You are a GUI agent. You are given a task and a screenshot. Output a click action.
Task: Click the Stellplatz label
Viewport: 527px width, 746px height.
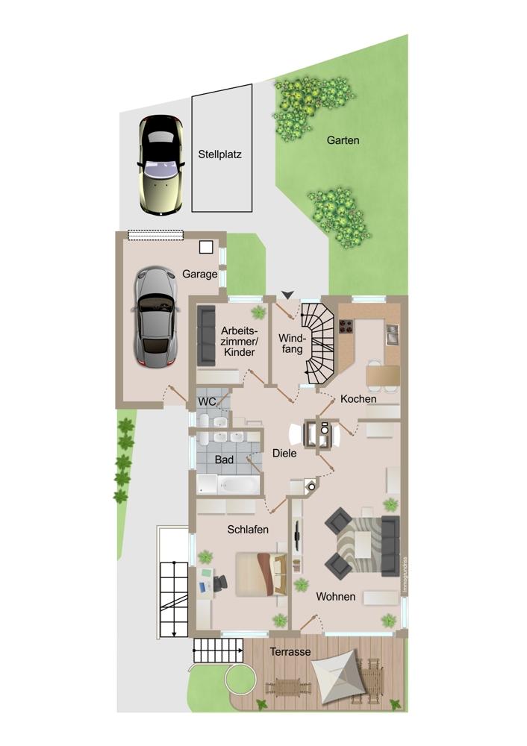(x=219, y=154)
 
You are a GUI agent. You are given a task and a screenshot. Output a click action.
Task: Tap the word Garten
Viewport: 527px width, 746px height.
(x=343, y=140)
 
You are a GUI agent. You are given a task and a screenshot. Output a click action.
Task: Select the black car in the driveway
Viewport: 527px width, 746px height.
(x=161, y=166)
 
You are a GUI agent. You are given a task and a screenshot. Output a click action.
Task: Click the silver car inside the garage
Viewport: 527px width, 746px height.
(x=155, y=317)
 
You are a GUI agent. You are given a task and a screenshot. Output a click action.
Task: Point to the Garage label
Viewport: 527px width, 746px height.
(x=200, y=274)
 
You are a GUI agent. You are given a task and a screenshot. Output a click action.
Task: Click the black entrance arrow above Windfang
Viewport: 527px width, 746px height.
(x=288, y=295)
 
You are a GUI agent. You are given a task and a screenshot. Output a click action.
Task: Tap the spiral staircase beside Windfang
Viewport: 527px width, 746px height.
(x=319, y=343)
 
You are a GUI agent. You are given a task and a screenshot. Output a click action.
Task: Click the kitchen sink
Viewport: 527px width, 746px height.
(x=393, y=334)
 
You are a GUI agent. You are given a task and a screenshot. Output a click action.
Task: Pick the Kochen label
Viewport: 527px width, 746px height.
(x=358, y=398)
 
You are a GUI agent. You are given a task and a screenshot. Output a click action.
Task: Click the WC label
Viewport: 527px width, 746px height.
(x=207, y=402)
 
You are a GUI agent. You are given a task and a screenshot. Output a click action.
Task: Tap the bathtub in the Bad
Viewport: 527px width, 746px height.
(x=239, y=485)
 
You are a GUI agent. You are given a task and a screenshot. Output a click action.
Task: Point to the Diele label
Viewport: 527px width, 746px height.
(x=284, y=454)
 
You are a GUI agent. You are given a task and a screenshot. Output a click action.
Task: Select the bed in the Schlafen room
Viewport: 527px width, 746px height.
(x=261, y=574)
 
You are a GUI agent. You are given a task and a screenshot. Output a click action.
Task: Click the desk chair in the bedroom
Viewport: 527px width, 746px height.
(x=219, y=583)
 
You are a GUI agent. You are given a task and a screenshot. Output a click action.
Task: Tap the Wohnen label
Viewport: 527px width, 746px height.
(x=336, y=597)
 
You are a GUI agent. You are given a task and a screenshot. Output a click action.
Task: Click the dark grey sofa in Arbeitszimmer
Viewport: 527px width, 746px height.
(x=206, y=336)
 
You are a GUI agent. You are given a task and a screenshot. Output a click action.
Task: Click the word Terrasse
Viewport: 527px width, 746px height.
(x=290, y=652)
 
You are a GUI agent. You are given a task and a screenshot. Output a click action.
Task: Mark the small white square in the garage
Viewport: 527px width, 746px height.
(x=206, y=247)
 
